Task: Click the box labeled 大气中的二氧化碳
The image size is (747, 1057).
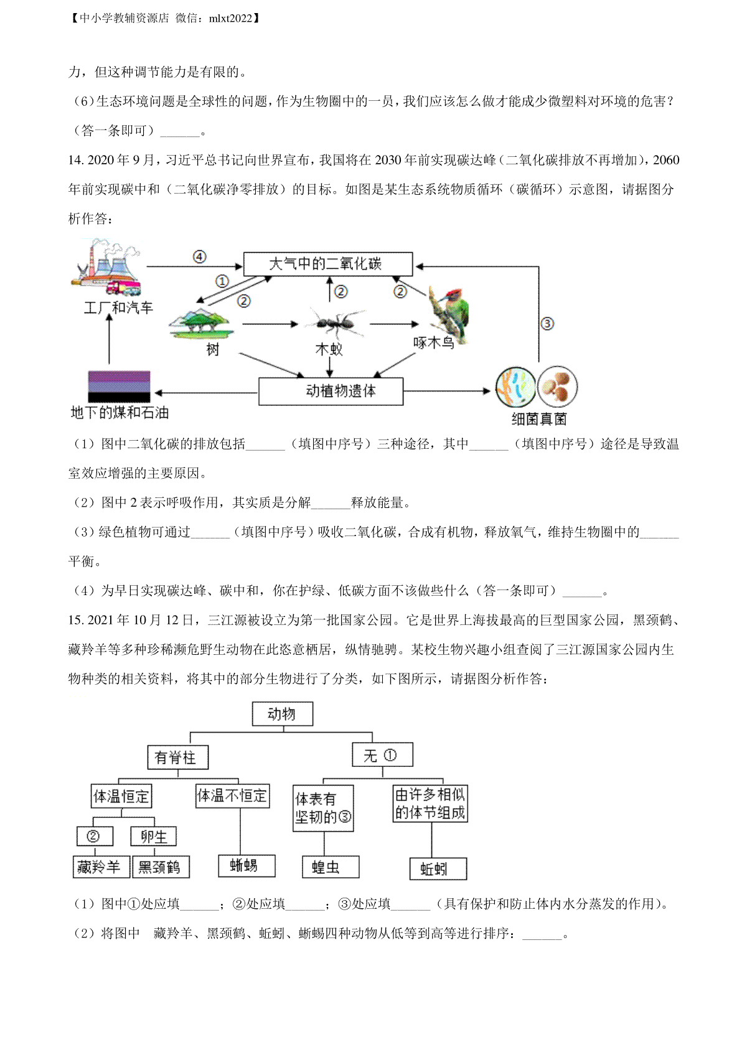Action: (327, 264)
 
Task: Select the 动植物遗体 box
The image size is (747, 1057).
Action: (331, 391)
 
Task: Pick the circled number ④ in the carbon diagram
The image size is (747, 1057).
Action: (200, 256)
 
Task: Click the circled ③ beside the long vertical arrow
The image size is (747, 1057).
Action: (547, 324)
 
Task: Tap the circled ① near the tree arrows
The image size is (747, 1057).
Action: (222, 282)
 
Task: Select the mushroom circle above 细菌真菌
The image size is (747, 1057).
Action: (557, 387)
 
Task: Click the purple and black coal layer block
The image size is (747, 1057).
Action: (119, 387)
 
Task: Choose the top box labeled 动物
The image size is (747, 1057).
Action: (283, 713)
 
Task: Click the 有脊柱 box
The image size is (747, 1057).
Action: (178, 758)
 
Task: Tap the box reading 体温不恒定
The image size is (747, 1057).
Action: (233, 796)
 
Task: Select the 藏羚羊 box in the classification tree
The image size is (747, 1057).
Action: (101, 867)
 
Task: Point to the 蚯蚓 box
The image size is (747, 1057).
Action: (438, 869)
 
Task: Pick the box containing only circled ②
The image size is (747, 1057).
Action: (95, 836)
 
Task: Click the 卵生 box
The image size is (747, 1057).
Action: (153, 836)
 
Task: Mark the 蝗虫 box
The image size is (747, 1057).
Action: (331, 867)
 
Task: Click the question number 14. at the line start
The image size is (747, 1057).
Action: (76, 160)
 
